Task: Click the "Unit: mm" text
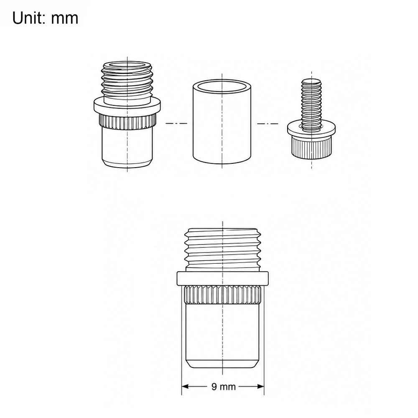click(x=45, y=18)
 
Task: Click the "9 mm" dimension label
click(x=223, y=387)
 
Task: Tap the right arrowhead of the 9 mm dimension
click(x=260, y=387)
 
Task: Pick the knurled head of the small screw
click(x=311, y=148)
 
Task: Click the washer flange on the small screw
click(x=311, y=130)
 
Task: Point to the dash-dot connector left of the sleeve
click(x=176, y=123)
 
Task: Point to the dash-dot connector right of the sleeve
click(x=268, y=123)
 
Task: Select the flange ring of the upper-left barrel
click(x=127, y=106)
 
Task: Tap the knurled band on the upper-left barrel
click(x=127, y=121)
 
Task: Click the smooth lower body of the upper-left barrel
click(x=127, y=148)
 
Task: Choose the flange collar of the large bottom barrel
click(x=223, y=278)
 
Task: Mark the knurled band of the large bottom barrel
click(x=223, y=295)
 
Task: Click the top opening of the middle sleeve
click(x=222, y=87)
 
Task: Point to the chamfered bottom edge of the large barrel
click(x=223, y=364)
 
